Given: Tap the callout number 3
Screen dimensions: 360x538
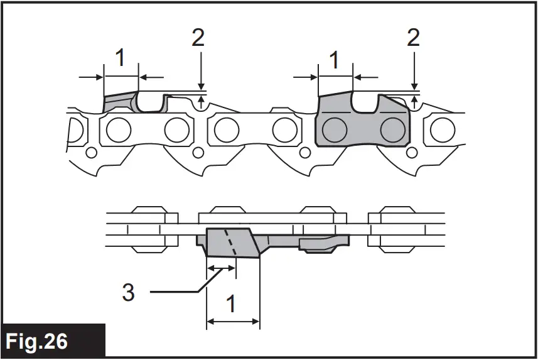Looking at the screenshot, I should (x=128, y=292).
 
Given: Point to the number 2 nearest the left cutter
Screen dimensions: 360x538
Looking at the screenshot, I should (x=198, y=38).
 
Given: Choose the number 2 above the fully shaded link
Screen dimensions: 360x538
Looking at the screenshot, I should (x=413, y=38).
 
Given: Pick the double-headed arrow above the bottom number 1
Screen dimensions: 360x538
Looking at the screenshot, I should (x=233, y=322).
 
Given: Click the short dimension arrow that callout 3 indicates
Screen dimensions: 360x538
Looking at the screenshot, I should (x=221, y=268).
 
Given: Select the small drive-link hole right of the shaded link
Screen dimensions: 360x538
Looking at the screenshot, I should (x=414, y=153).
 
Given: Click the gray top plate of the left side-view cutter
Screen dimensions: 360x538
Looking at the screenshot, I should (x=119, y=99).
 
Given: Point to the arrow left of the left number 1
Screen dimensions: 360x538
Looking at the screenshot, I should (x=91, y=77).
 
